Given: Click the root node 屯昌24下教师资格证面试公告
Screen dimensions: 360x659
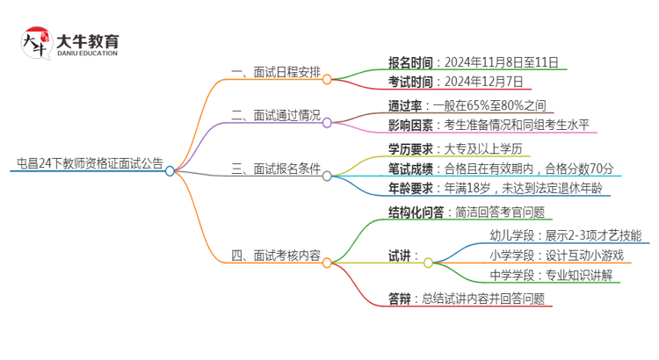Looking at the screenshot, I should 90,162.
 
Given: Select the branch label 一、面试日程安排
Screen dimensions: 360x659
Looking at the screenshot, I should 275,72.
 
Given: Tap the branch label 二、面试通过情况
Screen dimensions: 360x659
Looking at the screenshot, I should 275,116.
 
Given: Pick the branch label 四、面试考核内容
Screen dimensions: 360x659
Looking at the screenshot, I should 275,256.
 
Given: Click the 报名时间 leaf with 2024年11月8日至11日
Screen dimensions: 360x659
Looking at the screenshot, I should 472,62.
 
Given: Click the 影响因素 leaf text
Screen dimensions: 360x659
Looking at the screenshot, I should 489,126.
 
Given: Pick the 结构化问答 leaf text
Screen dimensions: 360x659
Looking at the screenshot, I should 467,212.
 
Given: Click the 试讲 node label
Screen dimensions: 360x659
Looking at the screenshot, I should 403,256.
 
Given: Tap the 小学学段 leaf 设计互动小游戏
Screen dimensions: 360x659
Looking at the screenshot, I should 556,256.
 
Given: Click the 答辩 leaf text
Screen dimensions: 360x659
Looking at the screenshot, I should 466,298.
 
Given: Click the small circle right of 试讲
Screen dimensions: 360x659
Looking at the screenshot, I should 428,262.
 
